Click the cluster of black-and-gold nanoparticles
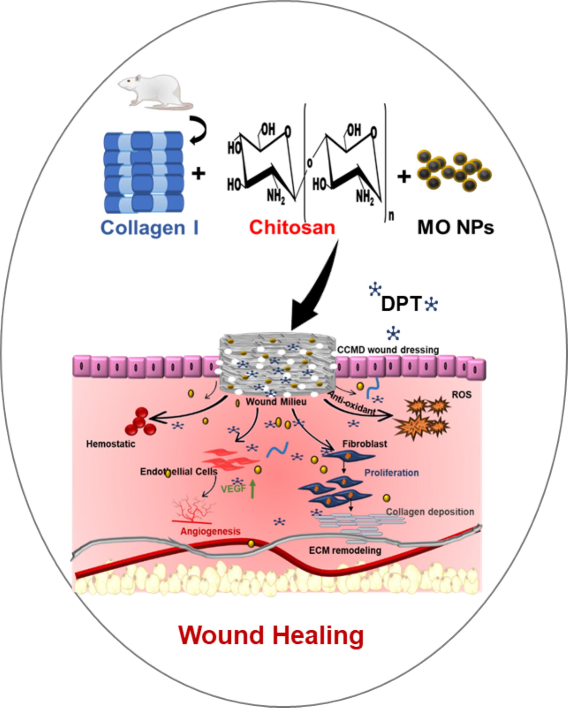point(455,171)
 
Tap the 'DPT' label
point(401,304)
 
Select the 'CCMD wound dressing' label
point(388,350)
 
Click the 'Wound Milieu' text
point(276,402)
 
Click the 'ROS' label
point(462,395)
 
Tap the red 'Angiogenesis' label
point(210,531)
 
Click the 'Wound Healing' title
point(271,635)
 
